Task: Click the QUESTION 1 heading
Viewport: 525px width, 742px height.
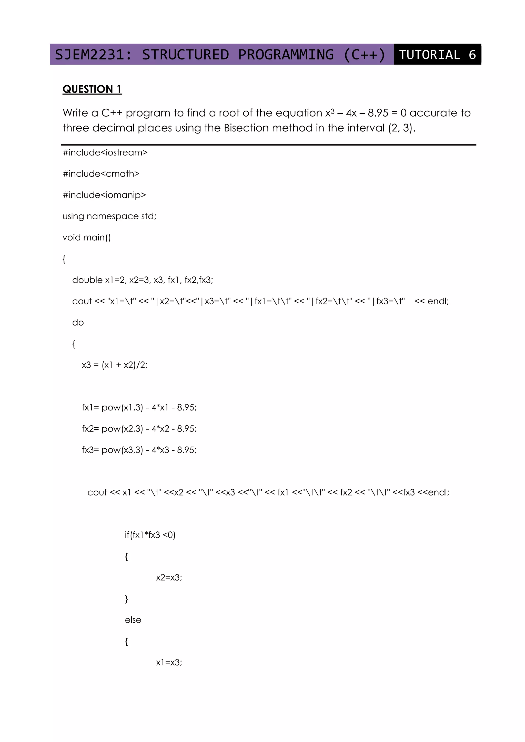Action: coord(92,89)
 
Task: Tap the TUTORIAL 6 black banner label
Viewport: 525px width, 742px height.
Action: coord(437,55)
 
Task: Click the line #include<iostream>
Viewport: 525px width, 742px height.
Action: coord(105,152)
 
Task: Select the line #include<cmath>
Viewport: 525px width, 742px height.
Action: coord(101,174)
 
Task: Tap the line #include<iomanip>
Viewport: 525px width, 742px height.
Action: coord(104,195)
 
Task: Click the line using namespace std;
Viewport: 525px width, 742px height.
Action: coord(109,216)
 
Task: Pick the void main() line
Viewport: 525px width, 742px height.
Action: coord(86,238)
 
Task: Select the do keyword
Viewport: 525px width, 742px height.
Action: coord(78,323)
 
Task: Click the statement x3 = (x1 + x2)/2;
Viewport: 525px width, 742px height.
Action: coord(114,365)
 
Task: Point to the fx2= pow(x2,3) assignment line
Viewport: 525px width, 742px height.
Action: coord(139,429)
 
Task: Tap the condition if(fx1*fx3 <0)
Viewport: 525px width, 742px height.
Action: coord(150,535)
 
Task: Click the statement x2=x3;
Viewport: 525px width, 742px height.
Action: coord(169,578)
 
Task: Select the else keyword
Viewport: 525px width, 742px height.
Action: coord(133,620)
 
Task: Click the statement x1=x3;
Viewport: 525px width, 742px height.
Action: coord(169,663)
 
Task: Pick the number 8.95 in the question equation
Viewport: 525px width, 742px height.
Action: coord(378,113)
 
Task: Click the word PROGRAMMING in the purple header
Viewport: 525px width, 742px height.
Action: coord(286,55)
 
